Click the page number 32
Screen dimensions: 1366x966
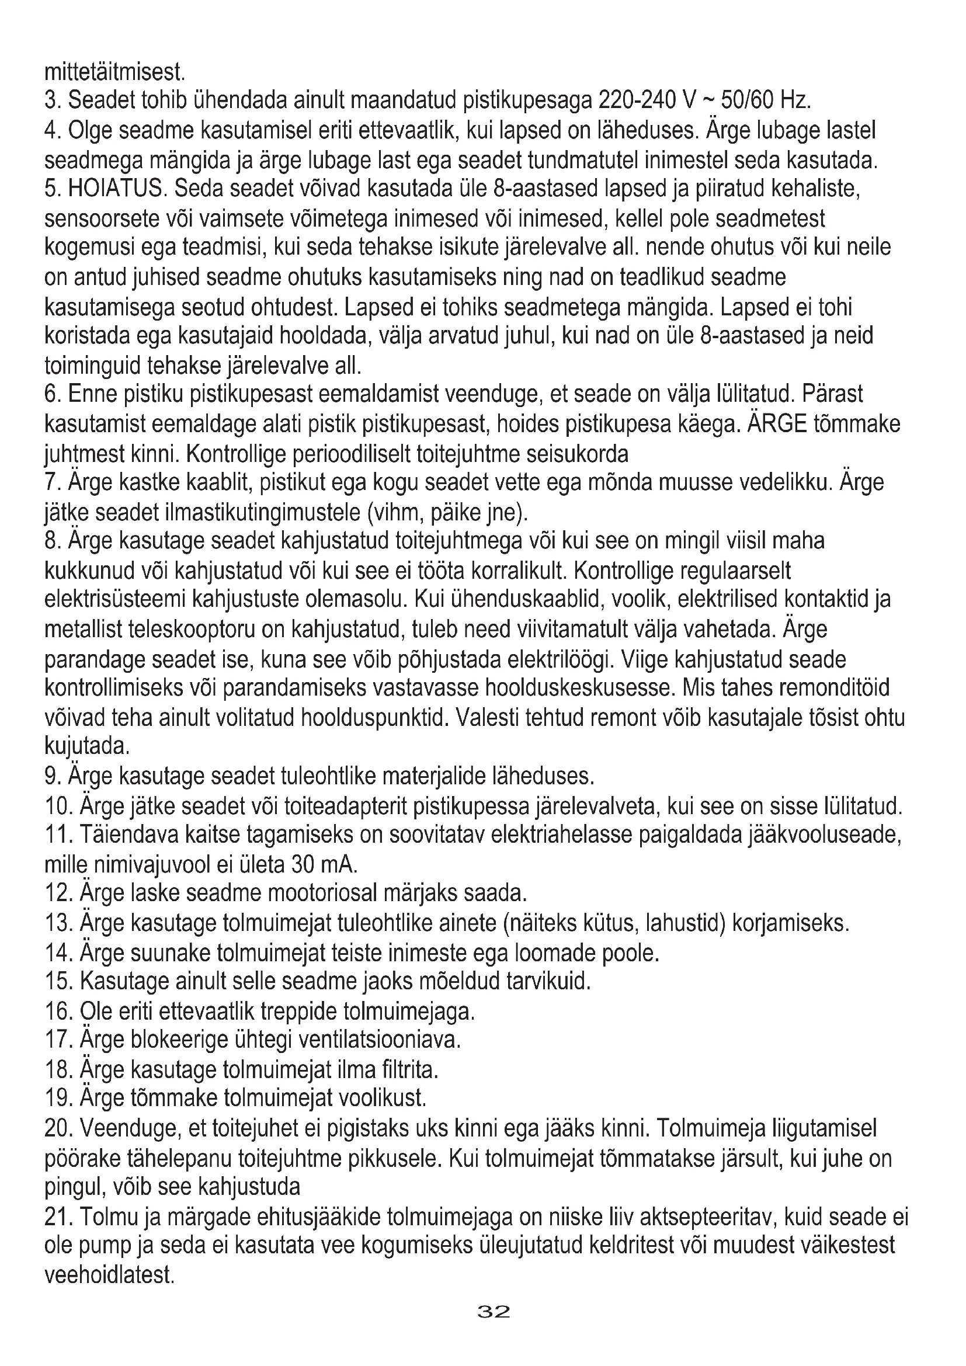[x=494, y=1329]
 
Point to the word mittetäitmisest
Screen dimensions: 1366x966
[x=116, y=72]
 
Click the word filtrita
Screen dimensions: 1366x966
[x=408, y=1069]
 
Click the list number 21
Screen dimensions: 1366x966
[x=59, y=1216]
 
